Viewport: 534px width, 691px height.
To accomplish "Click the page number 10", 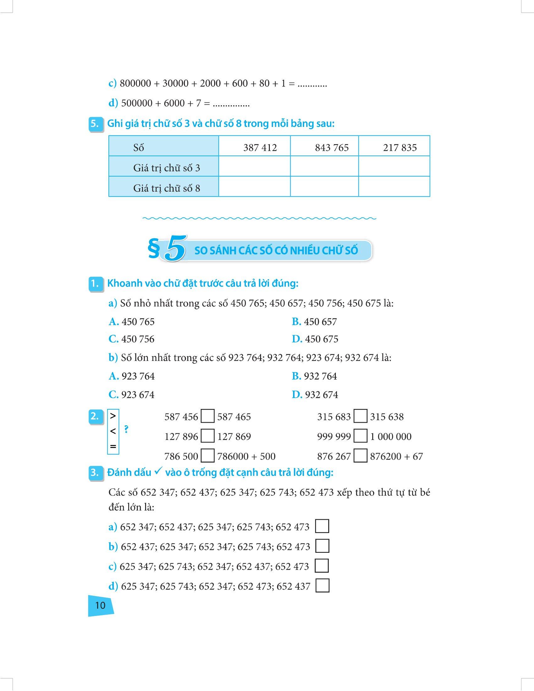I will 100,605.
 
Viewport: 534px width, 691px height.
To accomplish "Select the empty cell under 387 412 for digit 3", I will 254,166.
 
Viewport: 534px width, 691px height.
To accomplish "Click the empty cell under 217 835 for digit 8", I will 394,186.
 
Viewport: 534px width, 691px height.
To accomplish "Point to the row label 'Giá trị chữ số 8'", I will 166,188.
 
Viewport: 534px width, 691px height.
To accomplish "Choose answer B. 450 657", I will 314,322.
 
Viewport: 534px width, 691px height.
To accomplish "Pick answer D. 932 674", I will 315,394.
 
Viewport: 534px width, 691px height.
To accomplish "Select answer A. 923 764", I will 132,376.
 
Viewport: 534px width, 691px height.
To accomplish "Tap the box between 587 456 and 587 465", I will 208,416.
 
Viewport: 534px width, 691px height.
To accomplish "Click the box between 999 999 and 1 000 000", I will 360,436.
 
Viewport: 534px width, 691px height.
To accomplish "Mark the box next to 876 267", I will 360,456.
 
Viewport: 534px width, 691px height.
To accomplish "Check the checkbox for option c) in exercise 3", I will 322,566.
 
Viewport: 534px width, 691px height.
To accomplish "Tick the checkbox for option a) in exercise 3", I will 322,526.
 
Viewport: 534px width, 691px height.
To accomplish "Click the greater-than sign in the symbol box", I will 113,416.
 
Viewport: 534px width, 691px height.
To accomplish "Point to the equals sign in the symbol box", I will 113,447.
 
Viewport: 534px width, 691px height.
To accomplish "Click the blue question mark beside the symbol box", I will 126,430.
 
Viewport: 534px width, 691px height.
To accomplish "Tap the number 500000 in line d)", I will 136,103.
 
